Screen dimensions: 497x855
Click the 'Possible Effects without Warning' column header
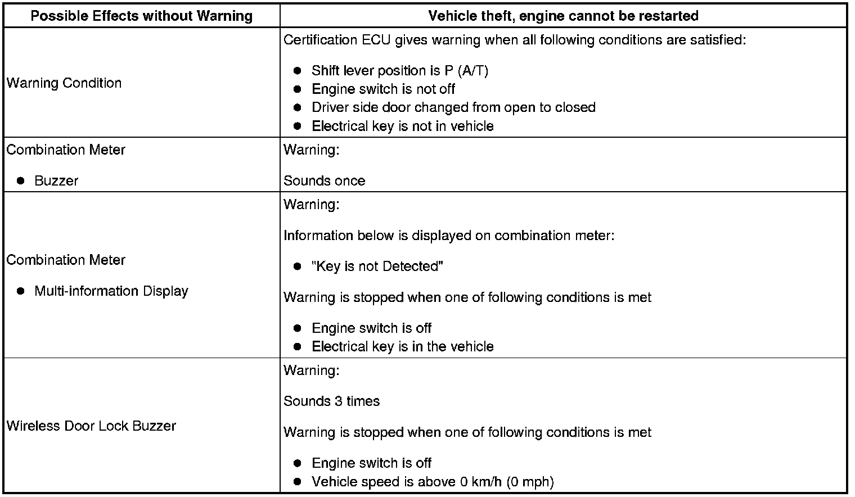coord(141,16)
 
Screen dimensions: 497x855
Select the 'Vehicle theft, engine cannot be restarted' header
coord(563,16)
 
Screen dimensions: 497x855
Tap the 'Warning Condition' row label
coord(64,83)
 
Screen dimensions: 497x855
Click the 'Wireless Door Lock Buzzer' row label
coord(91,426)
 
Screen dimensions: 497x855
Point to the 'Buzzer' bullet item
coord(56,180)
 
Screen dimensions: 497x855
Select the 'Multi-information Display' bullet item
coord(111,291)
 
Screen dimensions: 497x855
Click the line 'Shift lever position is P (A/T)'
coord(400,71)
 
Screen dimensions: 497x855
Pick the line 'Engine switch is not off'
coord(383,89)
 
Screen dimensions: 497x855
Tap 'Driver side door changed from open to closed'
coord(453,107)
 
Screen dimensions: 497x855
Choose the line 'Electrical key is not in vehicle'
coord(402,126)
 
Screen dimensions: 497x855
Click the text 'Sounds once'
coord(324,180)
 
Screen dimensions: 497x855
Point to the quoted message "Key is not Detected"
coord(377,266)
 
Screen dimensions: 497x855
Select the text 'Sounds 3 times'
coord(331,401)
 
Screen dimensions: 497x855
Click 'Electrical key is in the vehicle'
coord(402,346)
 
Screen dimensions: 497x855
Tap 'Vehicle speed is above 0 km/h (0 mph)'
coord(433,481)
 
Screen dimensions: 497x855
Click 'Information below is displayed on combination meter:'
coord(449,235)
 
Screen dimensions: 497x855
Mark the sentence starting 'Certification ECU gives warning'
coord(515,40)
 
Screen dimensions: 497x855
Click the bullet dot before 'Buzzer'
coord(21,180)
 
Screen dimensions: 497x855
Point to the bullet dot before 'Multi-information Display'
coord(21,291)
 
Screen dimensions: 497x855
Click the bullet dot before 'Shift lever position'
coord(298,71)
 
